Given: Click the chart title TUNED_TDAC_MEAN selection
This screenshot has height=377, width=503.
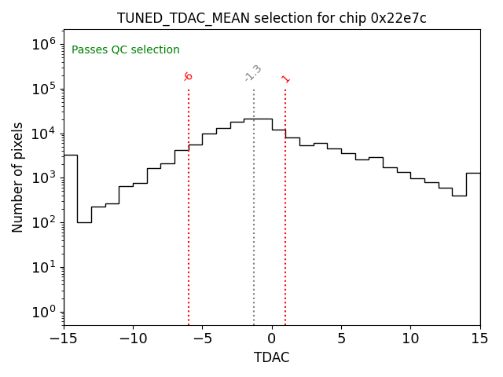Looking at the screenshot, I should point(217,18).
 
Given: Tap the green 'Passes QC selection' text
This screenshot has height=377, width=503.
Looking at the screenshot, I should point(126,50).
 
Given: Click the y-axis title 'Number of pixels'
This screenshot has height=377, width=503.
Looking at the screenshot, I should point(18,178).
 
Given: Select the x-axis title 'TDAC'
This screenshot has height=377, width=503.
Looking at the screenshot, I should point(272,357).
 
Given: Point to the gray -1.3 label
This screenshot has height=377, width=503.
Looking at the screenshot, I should point(253,73).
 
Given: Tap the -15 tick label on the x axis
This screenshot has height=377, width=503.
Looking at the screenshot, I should point(64,339).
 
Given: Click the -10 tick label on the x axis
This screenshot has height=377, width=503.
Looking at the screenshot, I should point(133,339).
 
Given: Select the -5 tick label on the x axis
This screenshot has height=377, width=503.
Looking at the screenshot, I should point(202,339).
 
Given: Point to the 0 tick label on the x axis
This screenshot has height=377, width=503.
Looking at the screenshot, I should point(272,339).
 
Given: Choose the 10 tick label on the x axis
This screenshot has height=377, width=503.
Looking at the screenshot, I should point(410,339).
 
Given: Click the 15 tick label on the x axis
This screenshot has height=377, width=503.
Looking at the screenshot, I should point(479,339).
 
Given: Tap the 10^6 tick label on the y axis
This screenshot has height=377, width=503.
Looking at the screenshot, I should point(43,44).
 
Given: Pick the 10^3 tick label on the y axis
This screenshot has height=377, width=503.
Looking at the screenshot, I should point(43,178).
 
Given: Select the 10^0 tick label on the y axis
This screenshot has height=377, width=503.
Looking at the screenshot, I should point(43,312).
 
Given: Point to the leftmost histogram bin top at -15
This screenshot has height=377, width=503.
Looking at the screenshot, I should point(71,155).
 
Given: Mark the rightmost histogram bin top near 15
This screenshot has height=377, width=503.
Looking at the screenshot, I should point(473,173).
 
